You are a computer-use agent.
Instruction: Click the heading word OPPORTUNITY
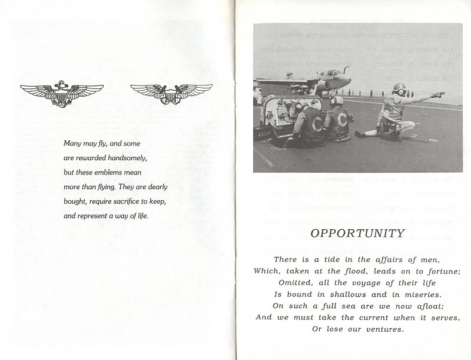click(357, 233)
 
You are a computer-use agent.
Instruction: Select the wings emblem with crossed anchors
click(171, 93)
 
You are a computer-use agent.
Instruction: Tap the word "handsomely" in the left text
click(133, 158)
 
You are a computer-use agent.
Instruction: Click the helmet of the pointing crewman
click(400, 90)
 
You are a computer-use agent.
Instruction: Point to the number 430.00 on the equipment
click(263, 135)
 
